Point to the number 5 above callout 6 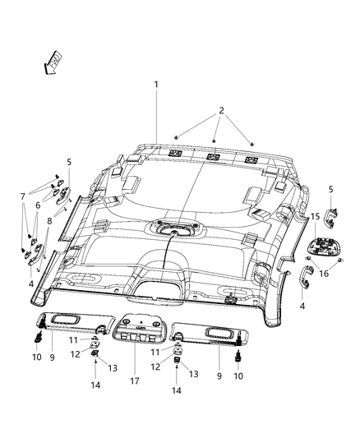pyautogui.click(x=69, y=163)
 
